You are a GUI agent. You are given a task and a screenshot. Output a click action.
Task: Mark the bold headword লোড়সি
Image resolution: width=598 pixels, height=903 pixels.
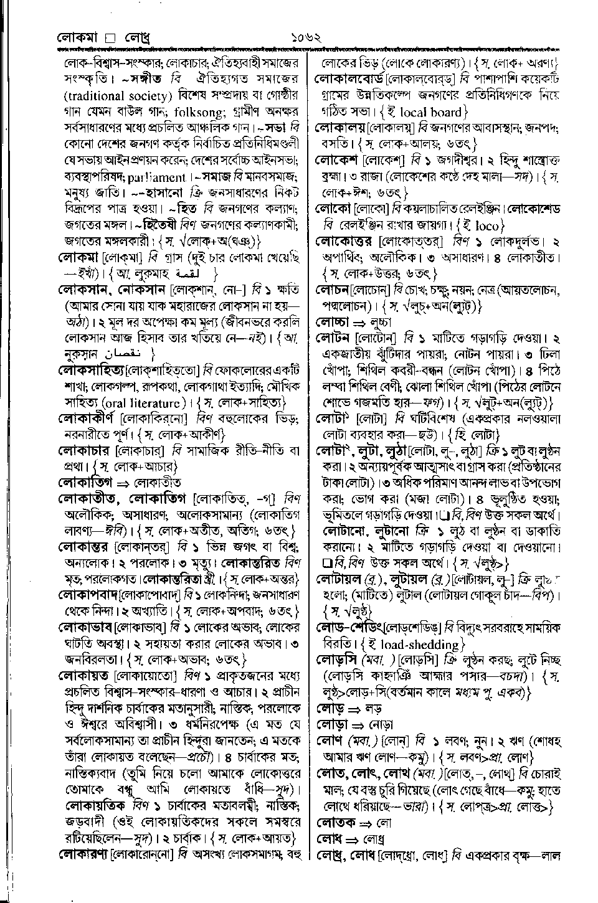339,660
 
